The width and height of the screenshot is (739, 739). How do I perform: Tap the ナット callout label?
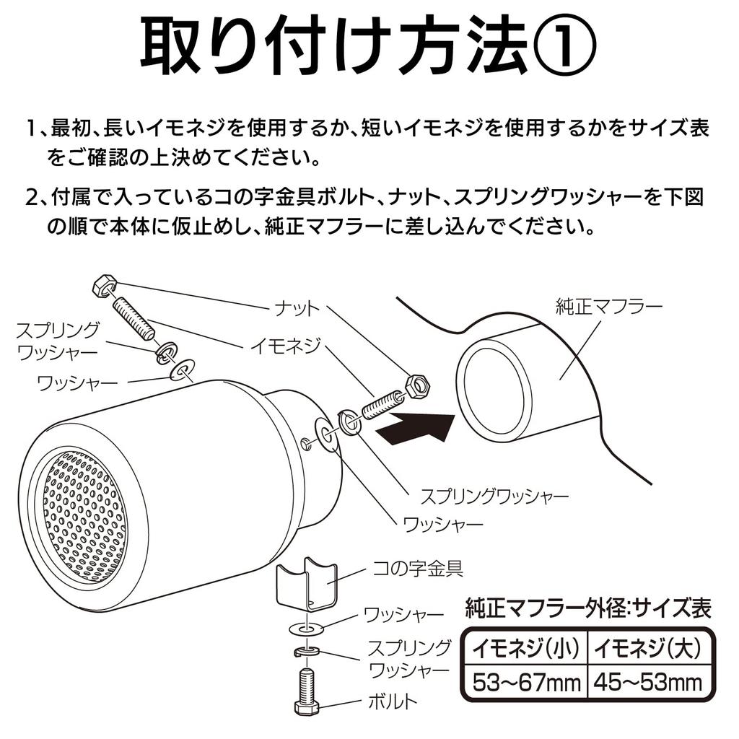coord(297,309)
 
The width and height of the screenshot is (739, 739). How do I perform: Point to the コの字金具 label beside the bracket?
coord(417,568)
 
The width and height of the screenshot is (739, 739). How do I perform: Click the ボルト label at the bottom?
coord(393,699)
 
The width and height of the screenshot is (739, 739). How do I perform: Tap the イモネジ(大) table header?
coord(647,650)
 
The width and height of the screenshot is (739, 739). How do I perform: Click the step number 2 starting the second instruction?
coord(33,197)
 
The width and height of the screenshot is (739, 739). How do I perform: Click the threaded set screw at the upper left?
coord(134,318)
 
